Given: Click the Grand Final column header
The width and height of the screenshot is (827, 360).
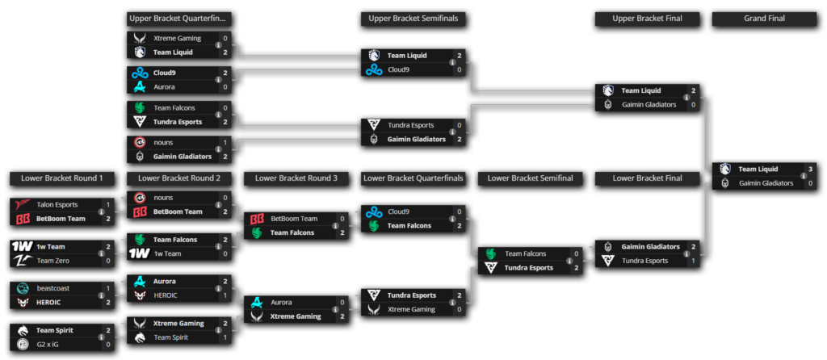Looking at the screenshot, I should click(x=765, y=18).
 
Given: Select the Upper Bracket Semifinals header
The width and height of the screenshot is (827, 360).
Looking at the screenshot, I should click(x=416, y=18).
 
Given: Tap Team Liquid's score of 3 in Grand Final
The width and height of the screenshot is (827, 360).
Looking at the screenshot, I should click(x=810, y=170).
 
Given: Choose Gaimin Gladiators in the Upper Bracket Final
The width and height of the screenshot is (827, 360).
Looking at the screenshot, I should click(x=647, y=104).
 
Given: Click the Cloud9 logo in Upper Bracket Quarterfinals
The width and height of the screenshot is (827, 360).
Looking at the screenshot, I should click(x=140, y=73).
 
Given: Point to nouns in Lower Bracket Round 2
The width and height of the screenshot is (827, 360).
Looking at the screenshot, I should click(x=164, y=198).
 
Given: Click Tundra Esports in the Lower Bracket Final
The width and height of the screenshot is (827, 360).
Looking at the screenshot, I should click(x=645, y=261).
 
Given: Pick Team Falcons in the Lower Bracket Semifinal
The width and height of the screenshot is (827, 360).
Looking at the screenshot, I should click(x=524, y=253).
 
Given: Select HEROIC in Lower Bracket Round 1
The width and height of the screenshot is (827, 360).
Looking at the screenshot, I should click(x=50, y=302).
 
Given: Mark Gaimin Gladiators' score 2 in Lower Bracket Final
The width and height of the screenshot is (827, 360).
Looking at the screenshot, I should click(x=693, y=247).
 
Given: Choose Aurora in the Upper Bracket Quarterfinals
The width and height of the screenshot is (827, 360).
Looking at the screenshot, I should click(x=165, y=86).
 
